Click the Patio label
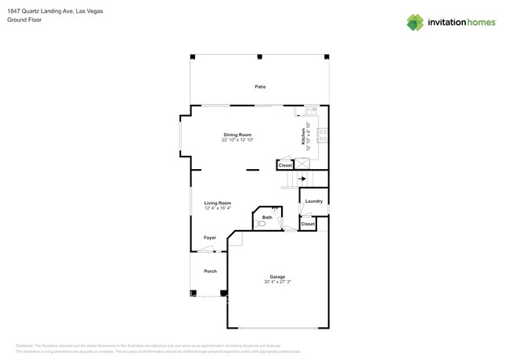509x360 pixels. [x=260, y=86]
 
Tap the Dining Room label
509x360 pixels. [x=236, y=135]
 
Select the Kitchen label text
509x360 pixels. [x=303, y=136]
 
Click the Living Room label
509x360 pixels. [x=218, y=203]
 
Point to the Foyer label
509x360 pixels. [x=210, y=237]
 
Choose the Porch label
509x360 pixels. [x=210, y=271]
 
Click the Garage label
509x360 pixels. [x=277, y=276]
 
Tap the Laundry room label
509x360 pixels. [x=314, y=201]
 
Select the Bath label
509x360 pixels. [x=267, y=217]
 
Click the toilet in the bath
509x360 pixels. [x=262, y=224]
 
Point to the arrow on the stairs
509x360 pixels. [x=302, y=178]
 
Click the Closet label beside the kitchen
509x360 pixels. [x=285, y=165]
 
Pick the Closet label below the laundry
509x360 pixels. [x=308, y=224]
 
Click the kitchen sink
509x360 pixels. [x=311, y=111]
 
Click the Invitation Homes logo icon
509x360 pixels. [x=415, y=22]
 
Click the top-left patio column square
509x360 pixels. [x=193, y=56]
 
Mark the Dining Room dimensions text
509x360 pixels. [x=237, y=139]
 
